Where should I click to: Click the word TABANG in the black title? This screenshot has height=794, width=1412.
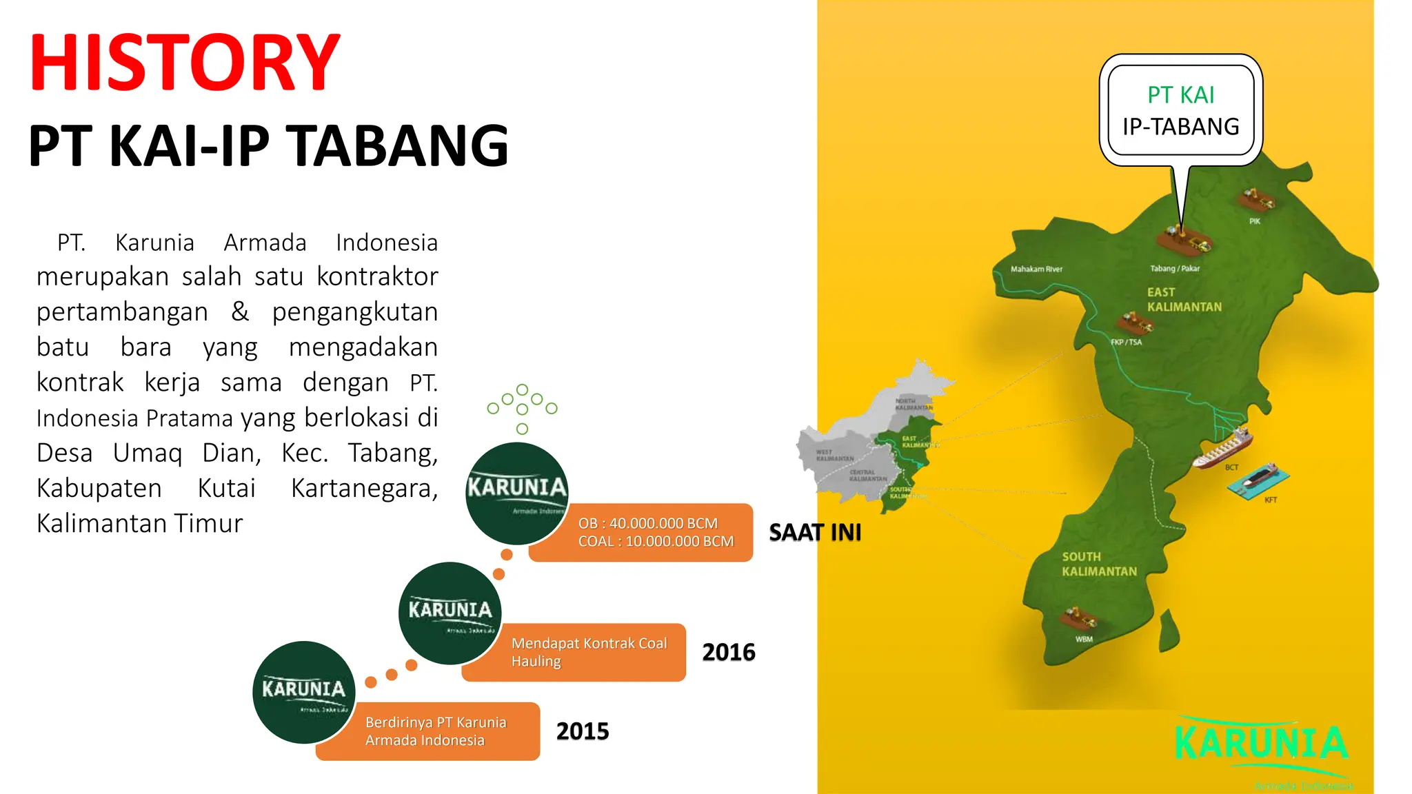coord(397,146)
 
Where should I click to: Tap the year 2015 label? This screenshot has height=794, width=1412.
coord(583,731)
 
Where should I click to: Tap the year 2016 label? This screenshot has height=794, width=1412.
coord(729,652)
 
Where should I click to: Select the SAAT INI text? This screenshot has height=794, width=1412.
coord(815,533)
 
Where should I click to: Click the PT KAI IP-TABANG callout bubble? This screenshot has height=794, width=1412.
coord(1180,110)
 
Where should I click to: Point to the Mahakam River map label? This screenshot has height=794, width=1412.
coord(1036,269)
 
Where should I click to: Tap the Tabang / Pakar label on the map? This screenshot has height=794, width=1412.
coord(1174,269)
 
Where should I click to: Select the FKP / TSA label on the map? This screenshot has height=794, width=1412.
coord(1126,342)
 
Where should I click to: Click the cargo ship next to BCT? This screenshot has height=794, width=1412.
coord(1222,448)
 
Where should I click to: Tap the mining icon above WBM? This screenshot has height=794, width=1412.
coord(1078,618)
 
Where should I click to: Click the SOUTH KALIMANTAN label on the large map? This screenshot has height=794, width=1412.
coord(1099,564)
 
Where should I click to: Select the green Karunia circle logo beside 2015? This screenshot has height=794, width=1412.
coord(304,692)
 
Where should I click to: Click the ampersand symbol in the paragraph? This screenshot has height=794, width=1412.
coord(240,312)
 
